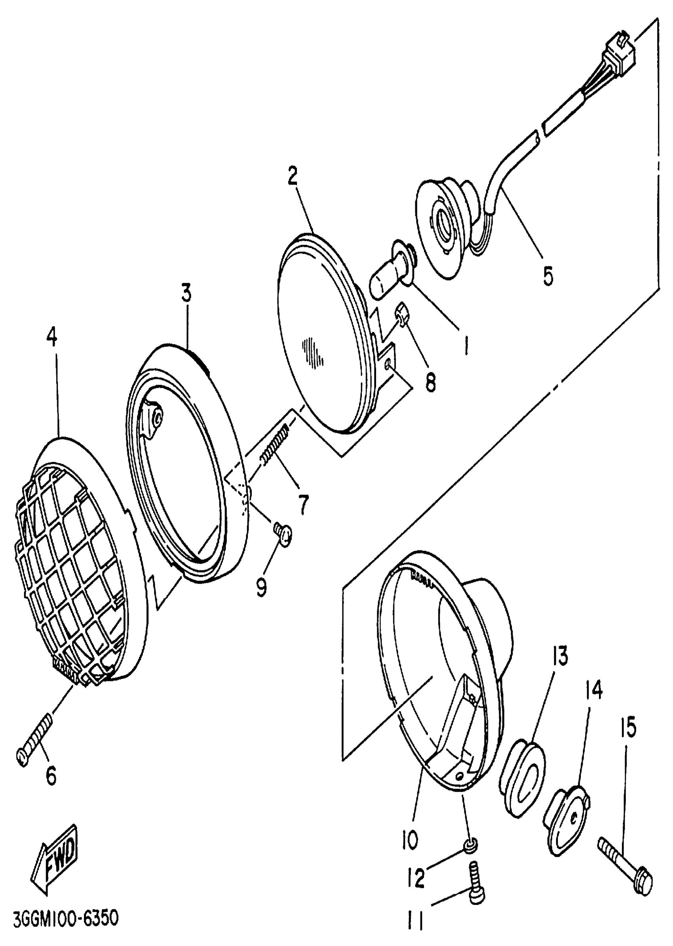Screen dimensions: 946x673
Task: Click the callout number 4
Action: pos(52,338)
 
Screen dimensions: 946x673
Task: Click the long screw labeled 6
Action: pos(36,736)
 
